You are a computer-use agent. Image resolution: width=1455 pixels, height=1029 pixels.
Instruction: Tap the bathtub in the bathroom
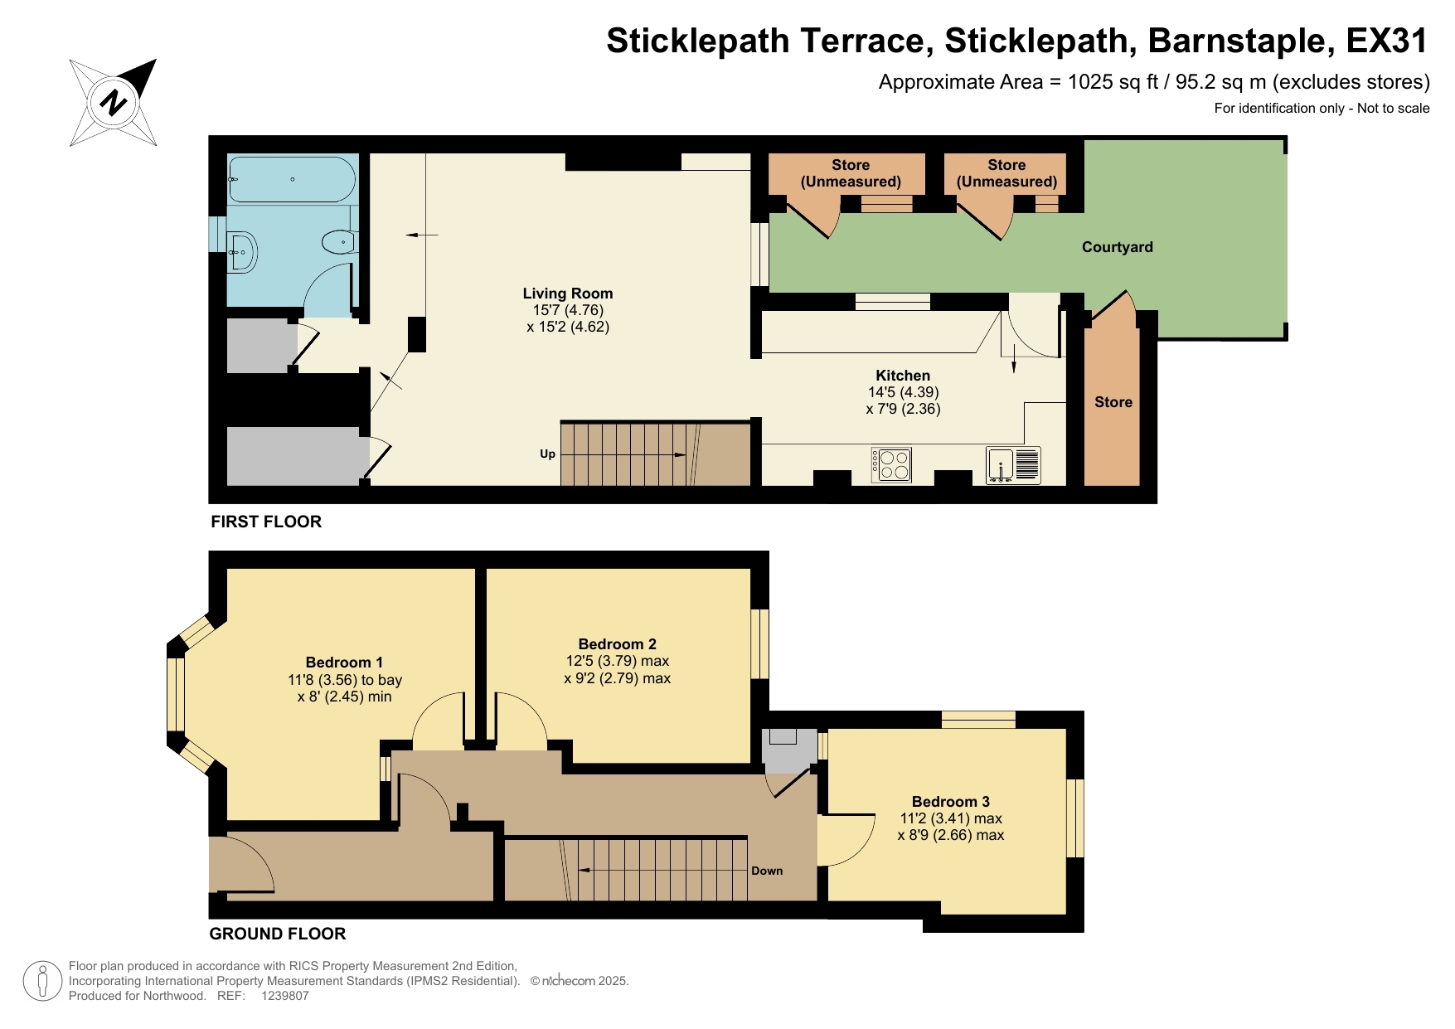tap(292, 179)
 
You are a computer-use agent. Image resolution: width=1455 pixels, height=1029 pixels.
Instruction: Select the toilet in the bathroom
tap(337, 243)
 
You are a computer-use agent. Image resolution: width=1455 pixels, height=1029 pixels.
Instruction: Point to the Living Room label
tap(567, 294)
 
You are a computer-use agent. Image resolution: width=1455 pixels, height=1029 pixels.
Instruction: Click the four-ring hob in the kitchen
tap(891, 464)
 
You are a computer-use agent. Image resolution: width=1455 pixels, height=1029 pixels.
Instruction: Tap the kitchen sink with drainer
tap(1012, 465)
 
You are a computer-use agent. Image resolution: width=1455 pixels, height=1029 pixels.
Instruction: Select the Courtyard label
tap(1117, 247)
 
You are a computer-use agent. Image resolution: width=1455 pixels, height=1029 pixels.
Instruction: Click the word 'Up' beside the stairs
tap(547, 454)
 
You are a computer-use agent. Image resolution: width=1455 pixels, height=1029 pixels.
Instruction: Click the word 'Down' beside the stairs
tap(766, 871)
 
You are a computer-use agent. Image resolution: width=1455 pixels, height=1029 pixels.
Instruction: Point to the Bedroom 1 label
tap(344, 663)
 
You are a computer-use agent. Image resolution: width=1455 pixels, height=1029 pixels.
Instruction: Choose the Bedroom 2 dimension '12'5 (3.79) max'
tap(617, 661)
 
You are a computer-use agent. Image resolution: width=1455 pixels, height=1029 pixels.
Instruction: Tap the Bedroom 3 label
tap(950, 802)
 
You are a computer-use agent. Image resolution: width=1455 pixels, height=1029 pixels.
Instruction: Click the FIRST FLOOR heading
tap(265, 522)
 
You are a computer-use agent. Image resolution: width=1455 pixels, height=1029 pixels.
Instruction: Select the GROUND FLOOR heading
tap(277, 934)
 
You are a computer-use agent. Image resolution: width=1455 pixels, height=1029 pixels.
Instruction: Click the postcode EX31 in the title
tap(1387, 41)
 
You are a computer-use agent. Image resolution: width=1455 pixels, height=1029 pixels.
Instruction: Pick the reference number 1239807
tap(284, 996)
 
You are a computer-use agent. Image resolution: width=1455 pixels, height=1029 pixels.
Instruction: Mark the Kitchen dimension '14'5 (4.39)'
tap(903, 392)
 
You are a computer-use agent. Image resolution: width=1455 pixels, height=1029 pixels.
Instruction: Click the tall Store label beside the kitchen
tap(1113, 402)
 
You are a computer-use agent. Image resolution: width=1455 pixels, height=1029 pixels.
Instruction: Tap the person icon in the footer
tap(42, 981)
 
